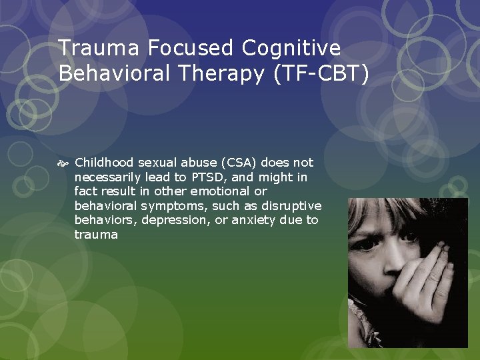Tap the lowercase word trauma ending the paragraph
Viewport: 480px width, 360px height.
[96, 235]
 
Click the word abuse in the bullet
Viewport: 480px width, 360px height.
[180, 163]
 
